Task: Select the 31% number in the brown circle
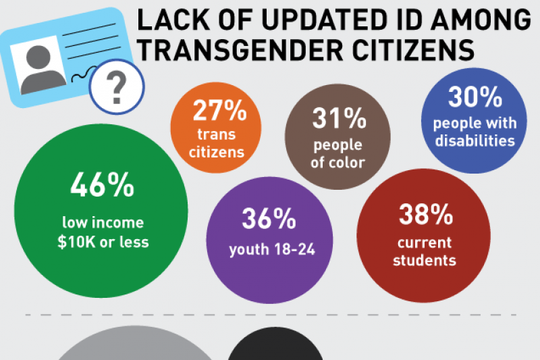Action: [x=338, y=119]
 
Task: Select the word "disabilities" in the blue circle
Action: [x=475, y=140]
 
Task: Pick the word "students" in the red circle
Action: [x=425, y=259]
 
